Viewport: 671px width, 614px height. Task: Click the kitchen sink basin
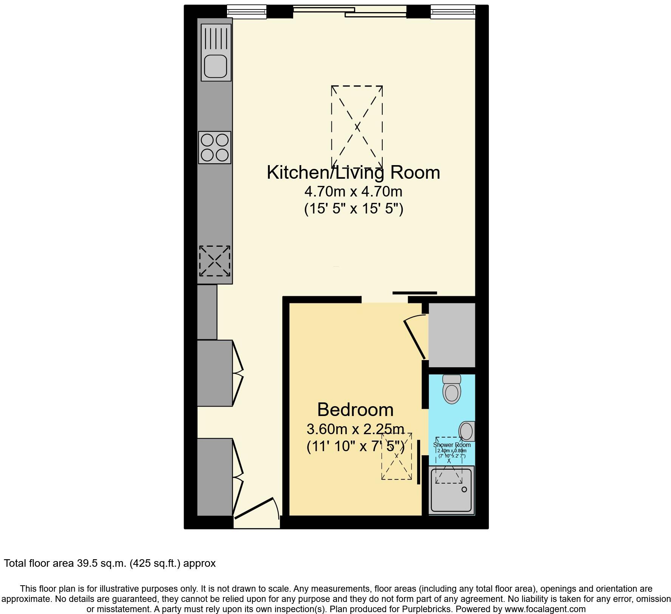(215, 67)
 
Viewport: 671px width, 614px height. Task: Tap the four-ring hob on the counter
(215, 147)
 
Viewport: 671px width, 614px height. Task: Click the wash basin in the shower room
(467, 431)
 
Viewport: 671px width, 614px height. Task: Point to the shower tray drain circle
(464, 489)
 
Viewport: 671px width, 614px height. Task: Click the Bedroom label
(355, 410)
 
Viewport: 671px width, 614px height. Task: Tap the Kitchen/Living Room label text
(353, 172)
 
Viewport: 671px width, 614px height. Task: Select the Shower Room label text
(451, 445)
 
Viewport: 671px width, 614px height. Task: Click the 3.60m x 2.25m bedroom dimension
(355, 429)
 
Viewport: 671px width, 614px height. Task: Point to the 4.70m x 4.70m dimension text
(353, 192)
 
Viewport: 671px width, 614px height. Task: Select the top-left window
(247, 11)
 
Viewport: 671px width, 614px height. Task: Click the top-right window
(453, 11)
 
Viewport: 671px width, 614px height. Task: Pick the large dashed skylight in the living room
(357, 127)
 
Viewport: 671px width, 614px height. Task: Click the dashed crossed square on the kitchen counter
(215, 261)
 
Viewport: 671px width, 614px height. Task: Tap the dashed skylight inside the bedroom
(396, 456)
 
